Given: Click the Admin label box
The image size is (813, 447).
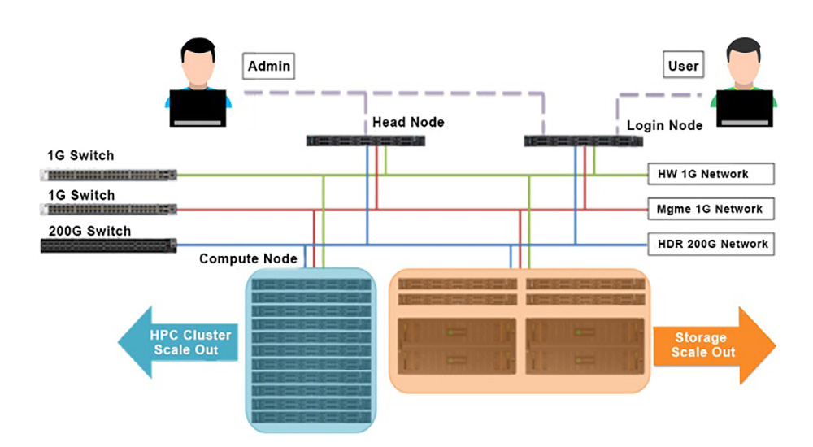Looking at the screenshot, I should pos(268,66).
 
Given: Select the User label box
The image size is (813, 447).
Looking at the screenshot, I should pos(683,66).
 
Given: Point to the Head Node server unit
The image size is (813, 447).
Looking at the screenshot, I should pos(366,141).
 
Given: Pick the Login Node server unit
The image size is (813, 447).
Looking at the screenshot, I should pos(584,141).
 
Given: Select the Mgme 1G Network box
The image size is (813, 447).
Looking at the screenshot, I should pos(709,209).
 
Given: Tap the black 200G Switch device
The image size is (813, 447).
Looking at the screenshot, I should pos(109,245).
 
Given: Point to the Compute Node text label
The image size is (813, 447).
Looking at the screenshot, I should pos(249,258).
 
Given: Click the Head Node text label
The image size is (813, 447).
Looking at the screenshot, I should pos(408,122).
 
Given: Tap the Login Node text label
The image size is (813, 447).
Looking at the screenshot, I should pos(664,126).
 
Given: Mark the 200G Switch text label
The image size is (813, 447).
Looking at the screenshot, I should pos(89,231).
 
